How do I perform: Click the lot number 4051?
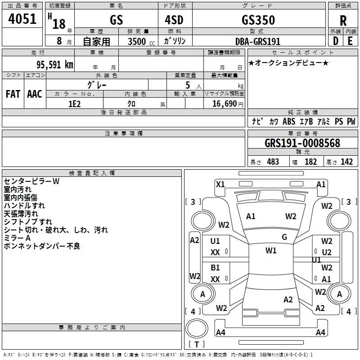coord(22,19)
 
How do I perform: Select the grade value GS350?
coord(258,20)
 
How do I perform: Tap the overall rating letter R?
coord(343,21)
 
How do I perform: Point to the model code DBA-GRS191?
coord(258,41)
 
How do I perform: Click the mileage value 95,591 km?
coord(54,64)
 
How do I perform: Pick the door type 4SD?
coord(174,20)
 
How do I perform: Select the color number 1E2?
coord(75,104)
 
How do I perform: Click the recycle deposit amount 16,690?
coord(224,104)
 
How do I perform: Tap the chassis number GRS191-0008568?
coord(302,143)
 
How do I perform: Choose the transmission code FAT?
coord(13,94)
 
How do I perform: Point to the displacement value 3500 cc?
coord(141,41)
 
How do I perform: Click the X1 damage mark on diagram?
coord(220,184)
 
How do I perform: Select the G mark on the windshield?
coord(284,237)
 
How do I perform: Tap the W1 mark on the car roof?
coord(271,251)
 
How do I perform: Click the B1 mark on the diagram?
coord(215,267)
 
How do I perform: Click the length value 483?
coord(273,162)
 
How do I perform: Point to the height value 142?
coord(346,162)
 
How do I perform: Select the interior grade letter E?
coord(350,41)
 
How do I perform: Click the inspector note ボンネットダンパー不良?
coord(42,246)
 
